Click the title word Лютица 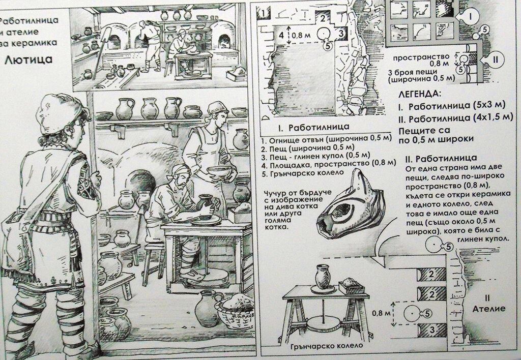[28, 60]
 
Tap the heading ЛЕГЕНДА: [420, 94]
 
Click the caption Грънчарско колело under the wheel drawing [326, 346]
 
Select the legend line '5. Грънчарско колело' [302, 173]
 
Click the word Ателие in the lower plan [489, 309]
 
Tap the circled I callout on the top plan [470, 16]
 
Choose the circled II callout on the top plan [495, 60]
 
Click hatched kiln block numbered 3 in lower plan [432, 330]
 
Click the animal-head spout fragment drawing [351, 206]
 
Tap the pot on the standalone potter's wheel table [323, 276]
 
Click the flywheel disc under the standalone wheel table [324, 323]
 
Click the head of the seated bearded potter [181, 176]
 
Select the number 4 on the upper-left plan [281, 35]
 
